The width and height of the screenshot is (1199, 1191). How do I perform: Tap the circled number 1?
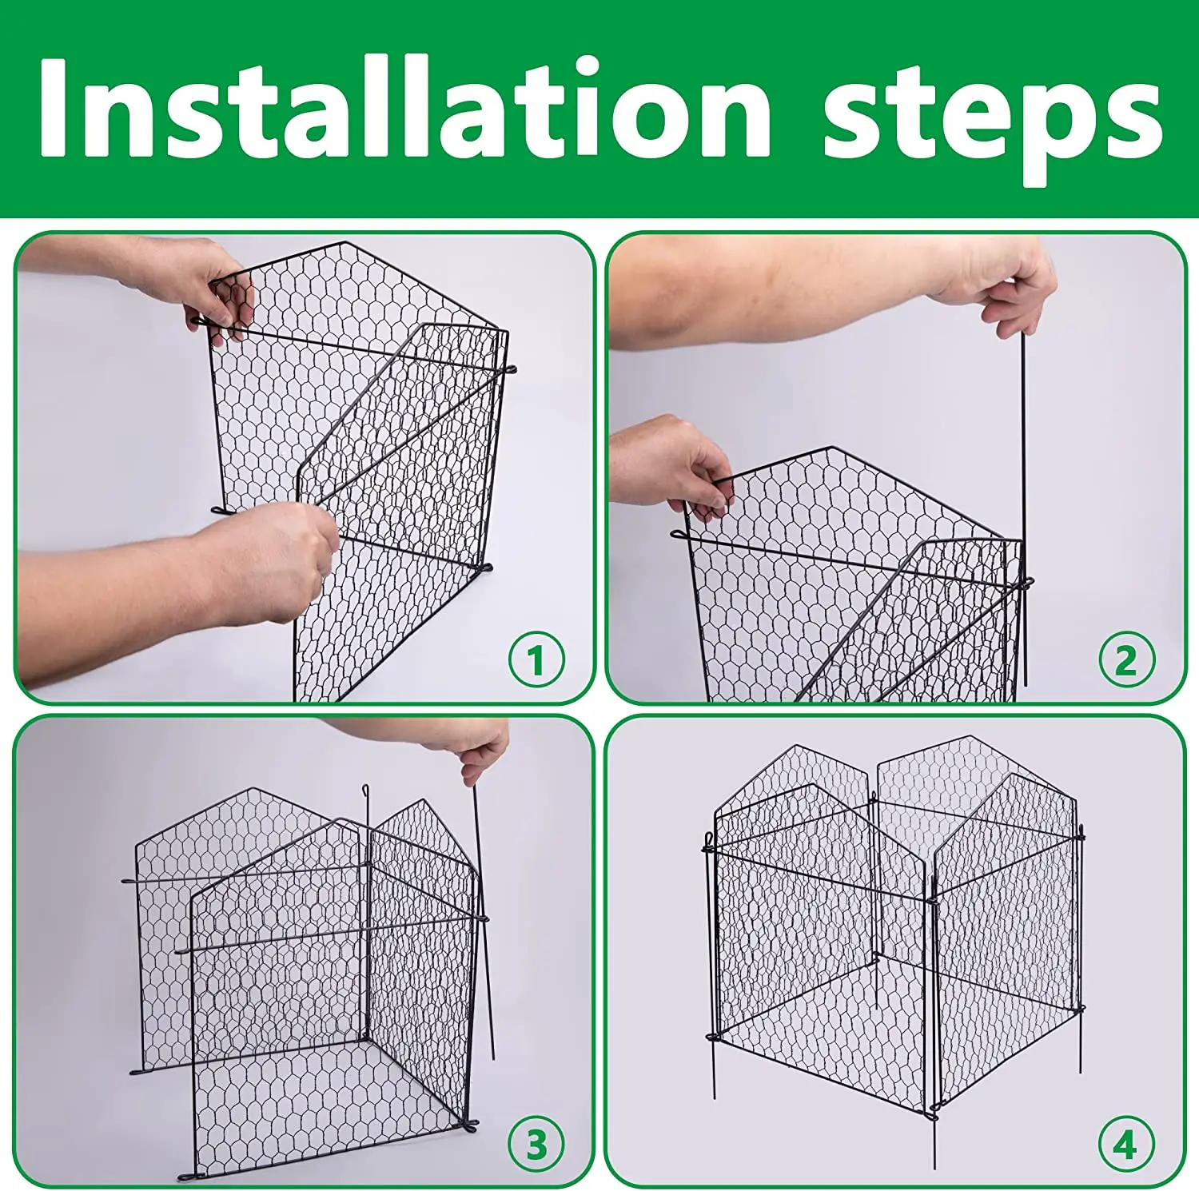(x=536, y=659)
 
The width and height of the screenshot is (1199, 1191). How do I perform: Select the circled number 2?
(x=1125, y=659)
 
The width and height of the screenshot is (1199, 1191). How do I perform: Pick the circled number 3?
(x=536, y=1145)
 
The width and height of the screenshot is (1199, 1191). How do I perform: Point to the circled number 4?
(x=1125, y=1145)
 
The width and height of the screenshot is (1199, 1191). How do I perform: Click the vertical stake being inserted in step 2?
(x=1022, y=480)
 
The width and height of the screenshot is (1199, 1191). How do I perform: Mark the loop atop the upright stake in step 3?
(x=365, y=791)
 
